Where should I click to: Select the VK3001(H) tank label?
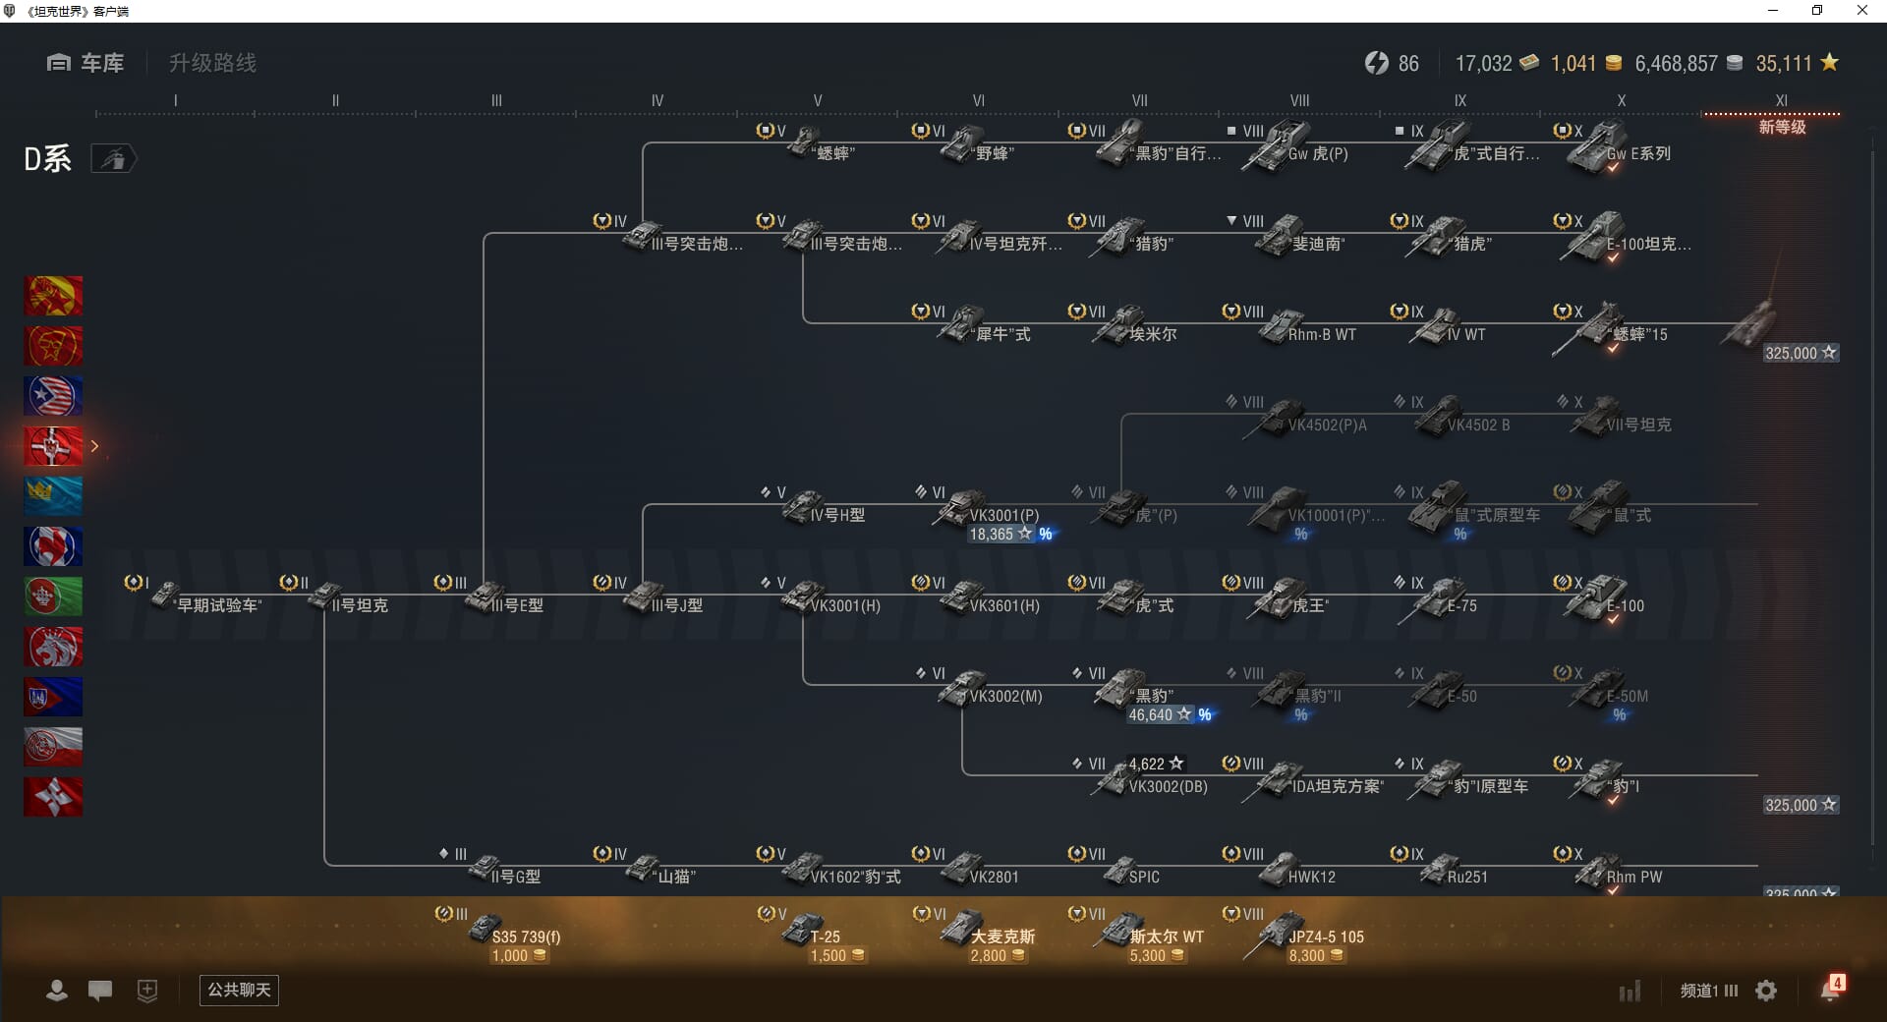coord(845,606)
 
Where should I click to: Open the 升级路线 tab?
coord(212,64)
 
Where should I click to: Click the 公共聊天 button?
coord(239,990)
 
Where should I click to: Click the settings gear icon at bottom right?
coord(1766,991)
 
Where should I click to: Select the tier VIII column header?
coord(1299,100)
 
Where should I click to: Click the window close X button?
coord(1861,11)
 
